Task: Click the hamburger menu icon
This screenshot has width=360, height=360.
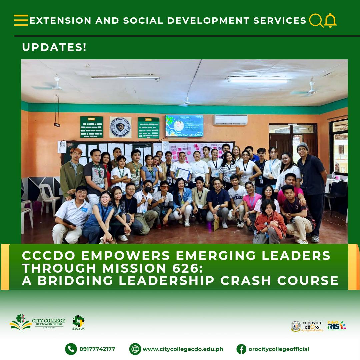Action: coord(21,20)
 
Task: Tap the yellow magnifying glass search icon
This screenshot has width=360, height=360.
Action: coord(316,20)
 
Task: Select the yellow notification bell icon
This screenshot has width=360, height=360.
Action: coord(330,20)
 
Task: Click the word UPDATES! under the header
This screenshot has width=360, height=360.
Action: coord(54,47)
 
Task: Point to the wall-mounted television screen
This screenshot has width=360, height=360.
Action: coord(184,126)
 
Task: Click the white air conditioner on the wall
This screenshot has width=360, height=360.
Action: coord(230,120)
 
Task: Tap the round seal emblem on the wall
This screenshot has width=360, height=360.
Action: coord(120,127)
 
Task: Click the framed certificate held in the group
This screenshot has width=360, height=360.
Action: coord(182,174)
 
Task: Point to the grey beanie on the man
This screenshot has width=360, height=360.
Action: coord(302,146)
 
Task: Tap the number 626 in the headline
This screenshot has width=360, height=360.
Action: coord(185,268)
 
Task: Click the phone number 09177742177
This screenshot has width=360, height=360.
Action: coord(97,349)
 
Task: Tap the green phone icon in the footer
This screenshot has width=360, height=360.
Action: coord(70,349)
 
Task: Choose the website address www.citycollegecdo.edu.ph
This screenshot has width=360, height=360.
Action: coord(183,349)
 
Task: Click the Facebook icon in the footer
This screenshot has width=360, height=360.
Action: coord(241,349)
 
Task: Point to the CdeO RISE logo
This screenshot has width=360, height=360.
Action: coord(337,325)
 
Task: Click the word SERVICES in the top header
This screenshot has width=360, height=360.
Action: coord(280,21)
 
